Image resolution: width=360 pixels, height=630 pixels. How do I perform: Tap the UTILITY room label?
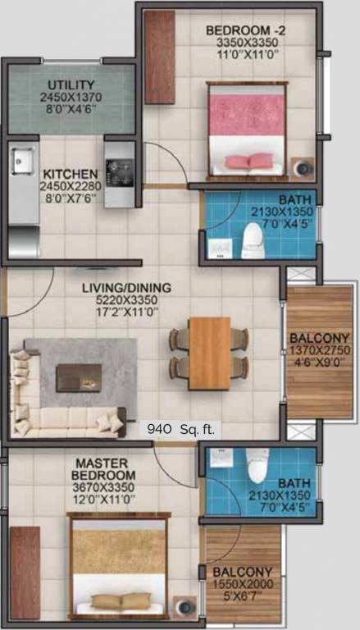point(71,85)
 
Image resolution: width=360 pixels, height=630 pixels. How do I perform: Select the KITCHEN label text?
point(71,175)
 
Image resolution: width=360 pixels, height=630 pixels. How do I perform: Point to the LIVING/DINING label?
point(126,288)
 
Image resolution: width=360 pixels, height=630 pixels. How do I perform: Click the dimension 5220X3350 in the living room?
point(126,301)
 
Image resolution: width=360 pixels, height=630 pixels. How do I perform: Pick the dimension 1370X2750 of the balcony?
point(319,351)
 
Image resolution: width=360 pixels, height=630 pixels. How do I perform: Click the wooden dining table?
point(209,353)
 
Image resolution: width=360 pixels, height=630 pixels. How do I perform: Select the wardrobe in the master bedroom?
point(25,572)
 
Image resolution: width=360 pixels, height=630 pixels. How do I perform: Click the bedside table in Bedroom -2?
point(305,167)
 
